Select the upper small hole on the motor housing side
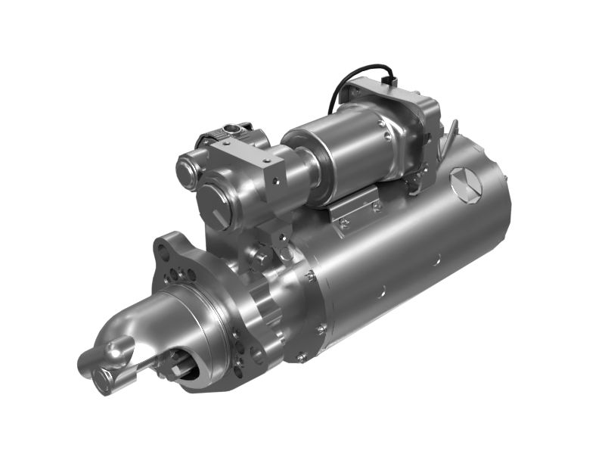pyautogui.click(x=436, y=261)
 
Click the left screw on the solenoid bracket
pyautogui.click(x=344, y=222)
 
